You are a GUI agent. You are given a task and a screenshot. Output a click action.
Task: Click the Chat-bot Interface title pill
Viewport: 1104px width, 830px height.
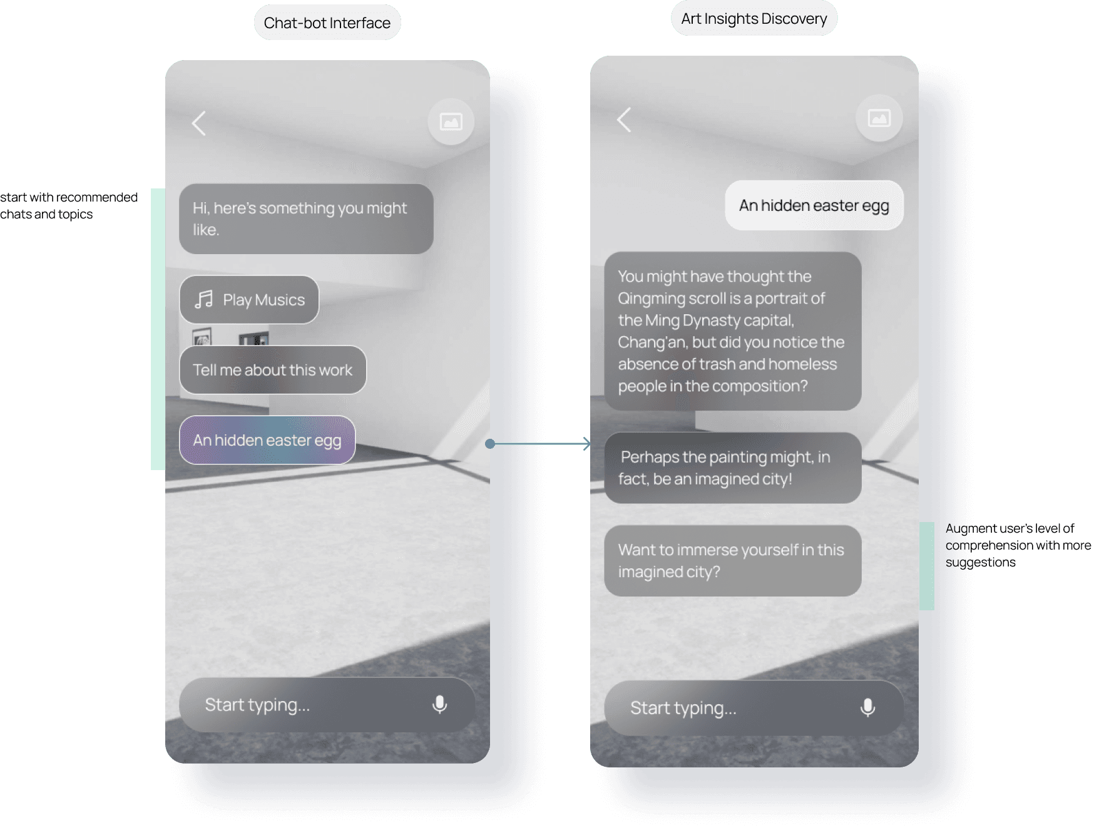(x=327, y=23)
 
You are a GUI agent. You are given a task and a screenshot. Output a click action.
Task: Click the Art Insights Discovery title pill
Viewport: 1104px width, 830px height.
(x=754, y=19)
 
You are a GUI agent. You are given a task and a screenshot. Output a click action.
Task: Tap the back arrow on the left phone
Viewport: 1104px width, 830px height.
(x=199, y=123)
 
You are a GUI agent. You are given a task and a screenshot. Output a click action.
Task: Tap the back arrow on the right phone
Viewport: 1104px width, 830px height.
(x=624, y=120)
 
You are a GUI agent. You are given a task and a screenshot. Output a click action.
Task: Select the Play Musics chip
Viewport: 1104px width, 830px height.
(x=249, y=300)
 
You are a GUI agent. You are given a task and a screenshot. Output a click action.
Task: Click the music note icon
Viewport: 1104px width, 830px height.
(x=203, y=300)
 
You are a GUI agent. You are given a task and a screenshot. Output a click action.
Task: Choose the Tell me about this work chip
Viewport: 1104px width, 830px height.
(x=272, y=370)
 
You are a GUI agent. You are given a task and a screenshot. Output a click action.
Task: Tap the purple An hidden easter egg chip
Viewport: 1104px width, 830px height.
(x=267, y=440)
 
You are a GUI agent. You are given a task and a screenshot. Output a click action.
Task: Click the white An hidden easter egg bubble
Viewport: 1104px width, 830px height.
(x=814, y=205)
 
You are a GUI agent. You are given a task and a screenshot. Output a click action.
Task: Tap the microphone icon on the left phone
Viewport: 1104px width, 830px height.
(x=439, y=705)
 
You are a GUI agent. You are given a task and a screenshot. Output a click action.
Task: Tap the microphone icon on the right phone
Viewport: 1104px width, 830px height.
(x=867, y=708)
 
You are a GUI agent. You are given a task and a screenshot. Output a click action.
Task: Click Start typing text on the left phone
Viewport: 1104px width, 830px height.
(x=257, y=705)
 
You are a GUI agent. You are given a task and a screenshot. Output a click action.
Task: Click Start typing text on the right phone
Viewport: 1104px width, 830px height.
(x=683, y=708)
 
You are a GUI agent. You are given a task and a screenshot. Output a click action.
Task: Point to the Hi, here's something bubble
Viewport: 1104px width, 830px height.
(x=306, y=218)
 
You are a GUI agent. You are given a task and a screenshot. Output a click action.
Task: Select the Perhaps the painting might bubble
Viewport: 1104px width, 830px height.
(x=732, y=468)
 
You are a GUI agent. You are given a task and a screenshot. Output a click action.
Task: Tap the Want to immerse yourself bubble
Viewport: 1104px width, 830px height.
(x=732, y=560)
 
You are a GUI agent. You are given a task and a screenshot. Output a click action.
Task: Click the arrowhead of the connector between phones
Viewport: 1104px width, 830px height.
(x=586, y=444)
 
